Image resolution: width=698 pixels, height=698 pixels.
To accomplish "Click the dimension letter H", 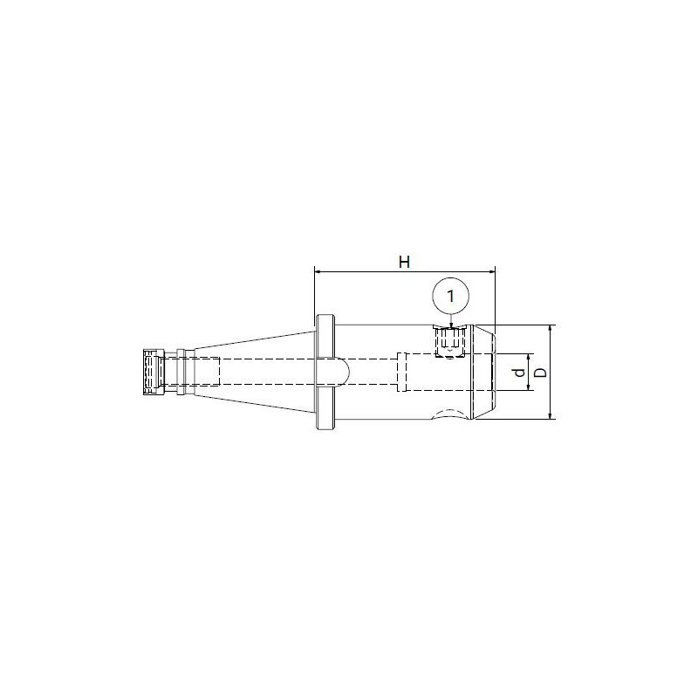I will click(x=404, y=261).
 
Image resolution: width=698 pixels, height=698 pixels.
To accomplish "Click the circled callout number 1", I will click(x=450, y=297).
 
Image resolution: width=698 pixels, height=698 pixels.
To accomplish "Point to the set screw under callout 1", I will click(x=450, y=340).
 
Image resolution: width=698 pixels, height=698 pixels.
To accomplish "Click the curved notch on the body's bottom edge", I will click(x=449, y=414).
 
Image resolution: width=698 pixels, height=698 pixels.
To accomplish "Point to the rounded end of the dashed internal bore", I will click(x=347, y=372).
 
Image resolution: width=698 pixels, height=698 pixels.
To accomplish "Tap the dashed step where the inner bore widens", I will click(x=400, y=372).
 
